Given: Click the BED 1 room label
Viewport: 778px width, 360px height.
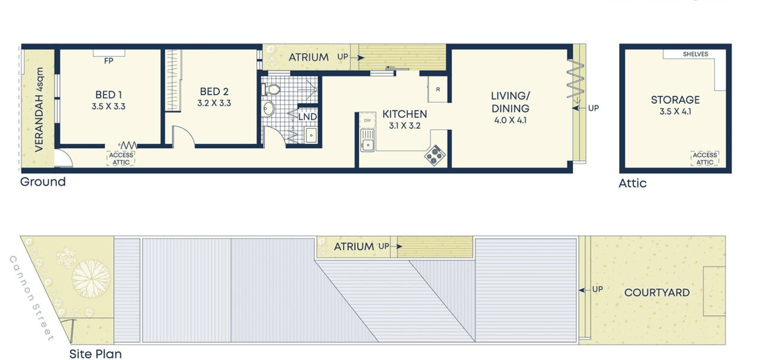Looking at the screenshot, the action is (x=109, y=95).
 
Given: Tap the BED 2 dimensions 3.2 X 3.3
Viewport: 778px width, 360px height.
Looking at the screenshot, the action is (x=214, y=103).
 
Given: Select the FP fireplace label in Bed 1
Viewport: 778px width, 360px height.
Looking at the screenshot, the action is (x=109, y=62).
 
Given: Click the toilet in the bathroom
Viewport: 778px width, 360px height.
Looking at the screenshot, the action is (x=271, y=90).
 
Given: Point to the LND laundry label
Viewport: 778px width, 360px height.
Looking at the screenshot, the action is (x=308, y=117).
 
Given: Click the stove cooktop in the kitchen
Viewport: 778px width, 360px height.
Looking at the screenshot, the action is (x=435, y=156).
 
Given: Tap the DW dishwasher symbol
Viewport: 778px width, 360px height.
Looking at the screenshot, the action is (x=368, y=120).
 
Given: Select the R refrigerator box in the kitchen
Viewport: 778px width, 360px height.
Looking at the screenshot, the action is (x=438, y=89).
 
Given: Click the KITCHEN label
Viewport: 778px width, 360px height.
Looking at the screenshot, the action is (x=404, y=114).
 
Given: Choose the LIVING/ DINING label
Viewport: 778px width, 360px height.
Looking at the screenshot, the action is (x=510, y=102).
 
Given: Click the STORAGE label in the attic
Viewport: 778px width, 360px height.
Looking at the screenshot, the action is (x=675, y=100).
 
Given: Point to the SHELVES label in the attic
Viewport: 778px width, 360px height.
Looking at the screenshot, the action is (x=695, y=54).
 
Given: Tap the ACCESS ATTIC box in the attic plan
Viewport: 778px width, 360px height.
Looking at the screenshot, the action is (x=704, y=158).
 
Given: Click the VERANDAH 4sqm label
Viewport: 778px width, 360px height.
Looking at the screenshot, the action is (x=39, y=109).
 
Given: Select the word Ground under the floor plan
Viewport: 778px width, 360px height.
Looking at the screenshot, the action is (x=43, y=182).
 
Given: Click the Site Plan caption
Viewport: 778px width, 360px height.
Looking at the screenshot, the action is (x=95, y=354).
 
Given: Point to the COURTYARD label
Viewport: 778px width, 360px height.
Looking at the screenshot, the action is (x=657, y=292).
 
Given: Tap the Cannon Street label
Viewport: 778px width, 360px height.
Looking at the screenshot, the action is (x=31, y=298).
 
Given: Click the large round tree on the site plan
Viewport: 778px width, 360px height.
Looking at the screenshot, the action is (x=91, y=279).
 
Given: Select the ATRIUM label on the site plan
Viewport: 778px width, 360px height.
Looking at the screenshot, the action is (x=354, y=246).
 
